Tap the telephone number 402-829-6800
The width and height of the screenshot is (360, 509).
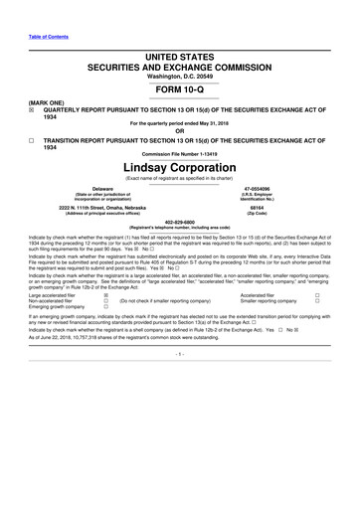[180, 222]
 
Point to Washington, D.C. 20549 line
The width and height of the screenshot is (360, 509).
[180, 48]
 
